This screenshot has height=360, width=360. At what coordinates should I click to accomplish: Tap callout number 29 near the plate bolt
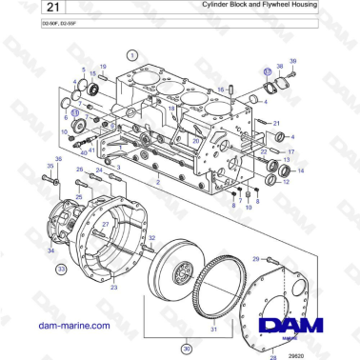(255, 257)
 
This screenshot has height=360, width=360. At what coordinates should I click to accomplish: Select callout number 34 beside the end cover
(50, 250)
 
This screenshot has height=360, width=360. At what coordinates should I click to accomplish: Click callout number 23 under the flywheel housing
(113, 286)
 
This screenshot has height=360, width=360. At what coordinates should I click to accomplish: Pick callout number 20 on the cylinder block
(195, 140)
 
